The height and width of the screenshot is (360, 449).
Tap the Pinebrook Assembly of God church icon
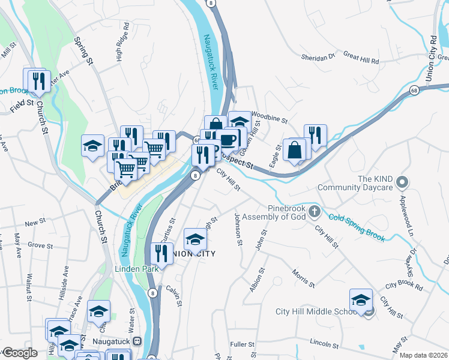pyautogui.click(x=316, y=211)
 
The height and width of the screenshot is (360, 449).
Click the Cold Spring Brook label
pyautogui.click(x=357, y=227)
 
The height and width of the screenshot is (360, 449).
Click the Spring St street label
pyautogui.click(x=84, y=51)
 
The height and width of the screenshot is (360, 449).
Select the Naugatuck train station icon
pyautogui.click(x=137, y=341)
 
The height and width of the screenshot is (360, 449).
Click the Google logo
pyautogui.click(x=19, y=353)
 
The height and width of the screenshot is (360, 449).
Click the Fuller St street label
pyautogui.click(x=243, y=345)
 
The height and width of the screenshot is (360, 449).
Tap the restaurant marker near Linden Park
pyautogui.click(x=161, y=253)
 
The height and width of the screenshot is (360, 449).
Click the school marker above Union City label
pyautogui.click(x=195, y=239)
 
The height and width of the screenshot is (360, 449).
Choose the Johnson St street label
pyautogui.click(x=239, y=229)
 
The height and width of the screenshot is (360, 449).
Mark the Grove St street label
pyautogui.click(x=41, y=245)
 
